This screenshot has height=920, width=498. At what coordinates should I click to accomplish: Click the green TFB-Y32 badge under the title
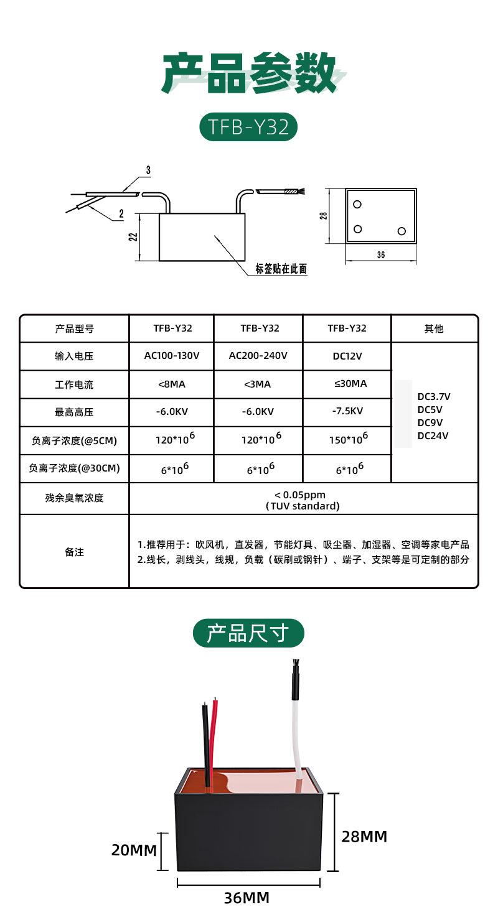click(248, 126)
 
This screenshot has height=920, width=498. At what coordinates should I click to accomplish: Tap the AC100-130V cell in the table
click(172, 356)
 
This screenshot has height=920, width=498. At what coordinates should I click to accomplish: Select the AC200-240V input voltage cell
click(258, 356)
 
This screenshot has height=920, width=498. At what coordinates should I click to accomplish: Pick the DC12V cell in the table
click(347, 356)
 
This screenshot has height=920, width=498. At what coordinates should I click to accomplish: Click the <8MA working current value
click(172, 384)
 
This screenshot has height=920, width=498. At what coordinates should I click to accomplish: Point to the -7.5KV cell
click(347, 411)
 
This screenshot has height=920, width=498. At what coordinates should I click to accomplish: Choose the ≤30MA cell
click(350, 384)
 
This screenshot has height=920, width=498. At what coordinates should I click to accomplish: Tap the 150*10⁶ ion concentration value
click(349, 438)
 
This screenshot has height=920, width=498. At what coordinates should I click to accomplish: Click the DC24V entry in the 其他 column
click(433, 435)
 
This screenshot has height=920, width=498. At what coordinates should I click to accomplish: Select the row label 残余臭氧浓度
click(74, 498)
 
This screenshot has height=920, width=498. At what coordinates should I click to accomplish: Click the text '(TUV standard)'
click(303, 506)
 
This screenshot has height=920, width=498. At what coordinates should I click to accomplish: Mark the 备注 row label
click(74, 552)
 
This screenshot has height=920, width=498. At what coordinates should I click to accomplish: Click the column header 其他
click(434, 328)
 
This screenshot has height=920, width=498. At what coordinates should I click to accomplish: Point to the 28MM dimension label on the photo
click(364, 836)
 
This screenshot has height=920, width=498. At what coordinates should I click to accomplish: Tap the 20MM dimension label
click(134, 850)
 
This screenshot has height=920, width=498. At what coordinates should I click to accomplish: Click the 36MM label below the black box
click(247, 898)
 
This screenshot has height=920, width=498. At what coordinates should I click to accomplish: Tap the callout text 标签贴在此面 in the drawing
click(281, 269)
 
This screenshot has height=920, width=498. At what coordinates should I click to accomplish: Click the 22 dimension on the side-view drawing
click(133, 236)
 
